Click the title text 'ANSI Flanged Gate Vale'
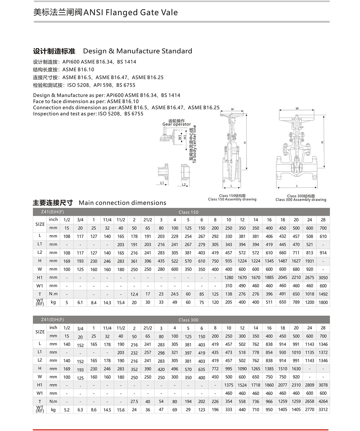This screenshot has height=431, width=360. (130, 13)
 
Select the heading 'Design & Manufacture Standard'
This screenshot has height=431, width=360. (137, 51)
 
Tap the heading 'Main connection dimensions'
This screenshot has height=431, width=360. (122, 203)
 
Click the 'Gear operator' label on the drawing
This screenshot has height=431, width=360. (176, 124)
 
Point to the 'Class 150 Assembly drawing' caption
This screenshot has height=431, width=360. (232, 199)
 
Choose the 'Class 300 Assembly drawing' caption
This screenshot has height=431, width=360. (301, 200)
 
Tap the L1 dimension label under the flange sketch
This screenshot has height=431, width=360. (162, 183)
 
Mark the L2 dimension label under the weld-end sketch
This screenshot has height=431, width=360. (184, 185)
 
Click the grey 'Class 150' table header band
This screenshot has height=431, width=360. (188, 212)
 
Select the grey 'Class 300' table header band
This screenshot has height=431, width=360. (188, 320)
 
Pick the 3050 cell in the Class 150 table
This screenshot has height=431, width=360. (323, 278)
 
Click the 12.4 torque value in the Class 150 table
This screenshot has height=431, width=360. (134, 294)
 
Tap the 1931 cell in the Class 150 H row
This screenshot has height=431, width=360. (310, 261)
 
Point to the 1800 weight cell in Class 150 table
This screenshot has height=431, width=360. (323, 302)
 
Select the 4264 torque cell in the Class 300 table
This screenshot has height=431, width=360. (323, 401)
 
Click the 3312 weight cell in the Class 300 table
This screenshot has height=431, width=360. (323, 409)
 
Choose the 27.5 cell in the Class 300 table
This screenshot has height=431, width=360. (134, 402)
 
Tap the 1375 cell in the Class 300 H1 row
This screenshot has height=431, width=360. (229, 385)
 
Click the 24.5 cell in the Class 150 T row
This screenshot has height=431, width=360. (175, 294)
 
